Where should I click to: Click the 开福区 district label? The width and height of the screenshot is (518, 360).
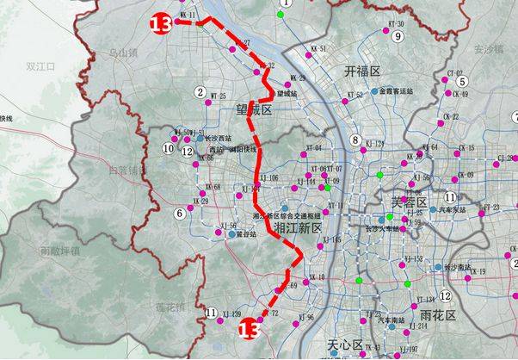pos(362,71)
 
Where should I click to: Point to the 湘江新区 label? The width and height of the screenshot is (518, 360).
pos(297,228)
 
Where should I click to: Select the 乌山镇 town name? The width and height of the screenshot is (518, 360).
pos(122,53)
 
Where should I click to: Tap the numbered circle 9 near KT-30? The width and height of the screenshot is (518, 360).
pos(398,37)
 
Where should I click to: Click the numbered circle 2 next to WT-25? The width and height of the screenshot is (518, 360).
pos(200,93)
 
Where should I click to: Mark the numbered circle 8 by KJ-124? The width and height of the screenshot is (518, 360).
pos(355,140)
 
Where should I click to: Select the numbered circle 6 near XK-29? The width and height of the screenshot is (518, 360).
pos(180,213)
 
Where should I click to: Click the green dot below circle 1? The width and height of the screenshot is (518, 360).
pos(281,16)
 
